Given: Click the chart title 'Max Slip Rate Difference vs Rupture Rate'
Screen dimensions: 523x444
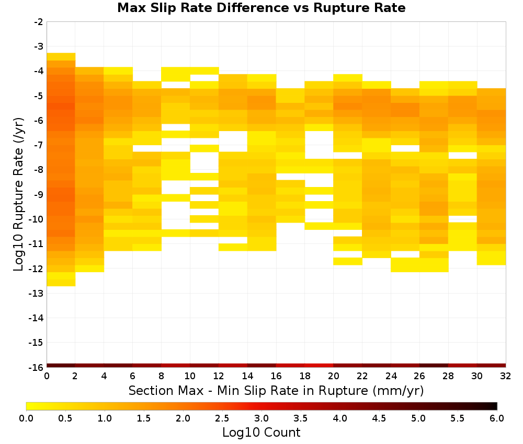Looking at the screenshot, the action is click(x=261, y=8).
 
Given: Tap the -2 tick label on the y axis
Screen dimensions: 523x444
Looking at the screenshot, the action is click(x=39, y=22).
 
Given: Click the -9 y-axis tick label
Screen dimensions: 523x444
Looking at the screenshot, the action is click(x=39, y=195).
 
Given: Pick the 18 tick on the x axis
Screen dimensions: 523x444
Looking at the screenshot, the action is click(x=305, y=376).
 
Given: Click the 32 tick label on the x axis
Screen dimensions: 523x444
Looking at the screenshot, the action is click(x=506, y=376).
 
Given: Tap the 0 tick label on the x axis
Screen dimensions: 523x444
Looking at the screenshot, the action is click(x=47, y=376).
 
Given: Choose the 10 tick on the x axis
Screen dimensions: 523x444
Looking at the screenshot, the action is click(x=190, y=376).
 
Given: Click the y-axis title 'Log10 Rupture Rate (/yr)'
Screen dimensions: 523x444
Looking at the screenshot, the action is click(x=18, y=194).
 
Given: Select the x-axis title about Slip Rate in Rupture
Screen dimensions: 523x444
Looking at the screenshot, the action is click(x=276, y=390).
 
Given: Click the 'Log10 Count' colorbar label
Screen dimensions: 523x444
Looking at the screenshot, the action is click(x=261, y=433).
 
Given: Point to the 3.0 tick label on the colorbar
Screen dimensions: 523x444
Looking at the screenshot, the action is click(x=261, y=418).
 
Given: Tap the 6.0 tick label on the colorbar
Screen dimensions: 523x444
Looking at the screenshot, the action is click(x=497, y=418).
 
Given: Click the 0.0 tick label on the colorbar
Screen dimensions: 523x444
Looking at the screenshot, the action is click(x=26, y=418).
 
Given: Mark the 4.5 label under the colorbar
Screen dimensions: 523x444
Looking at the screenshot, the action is click(x=379, y=418).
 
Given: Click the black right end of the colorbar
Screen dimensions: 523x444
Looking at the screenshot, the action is click(x=495, y=406).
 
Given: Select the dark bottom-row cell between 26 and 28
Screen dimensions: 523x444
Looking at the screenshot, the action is click(x=434, y=366).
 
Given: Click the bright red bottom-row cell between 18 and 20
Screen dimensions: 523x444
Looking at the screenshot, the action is click(x=319, y=366).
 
